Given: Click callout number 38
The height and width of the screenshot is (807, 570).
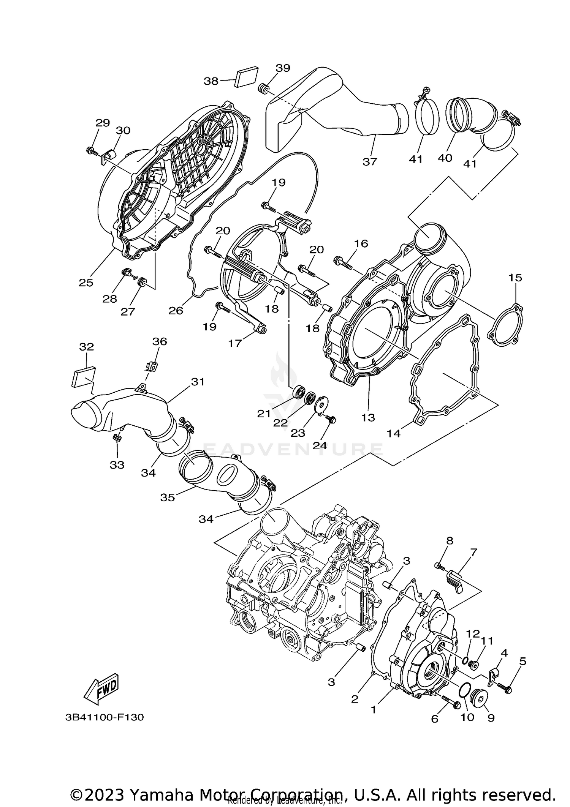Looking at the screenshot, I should (211, 81).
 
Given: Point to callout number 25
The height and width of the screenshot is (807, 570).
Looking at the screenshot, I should (86, 283).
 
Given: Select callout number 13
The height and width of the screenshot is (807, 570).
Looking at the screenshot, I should (368, 418).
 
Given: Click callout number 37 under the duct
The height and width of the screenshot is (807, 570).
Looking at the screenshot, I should (369, 162).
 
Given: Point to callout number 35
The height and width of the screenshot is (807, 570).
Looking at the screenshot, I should (167, 497).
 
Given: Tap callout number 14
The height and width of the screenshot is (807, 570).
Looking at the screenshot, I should (394, 433).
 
